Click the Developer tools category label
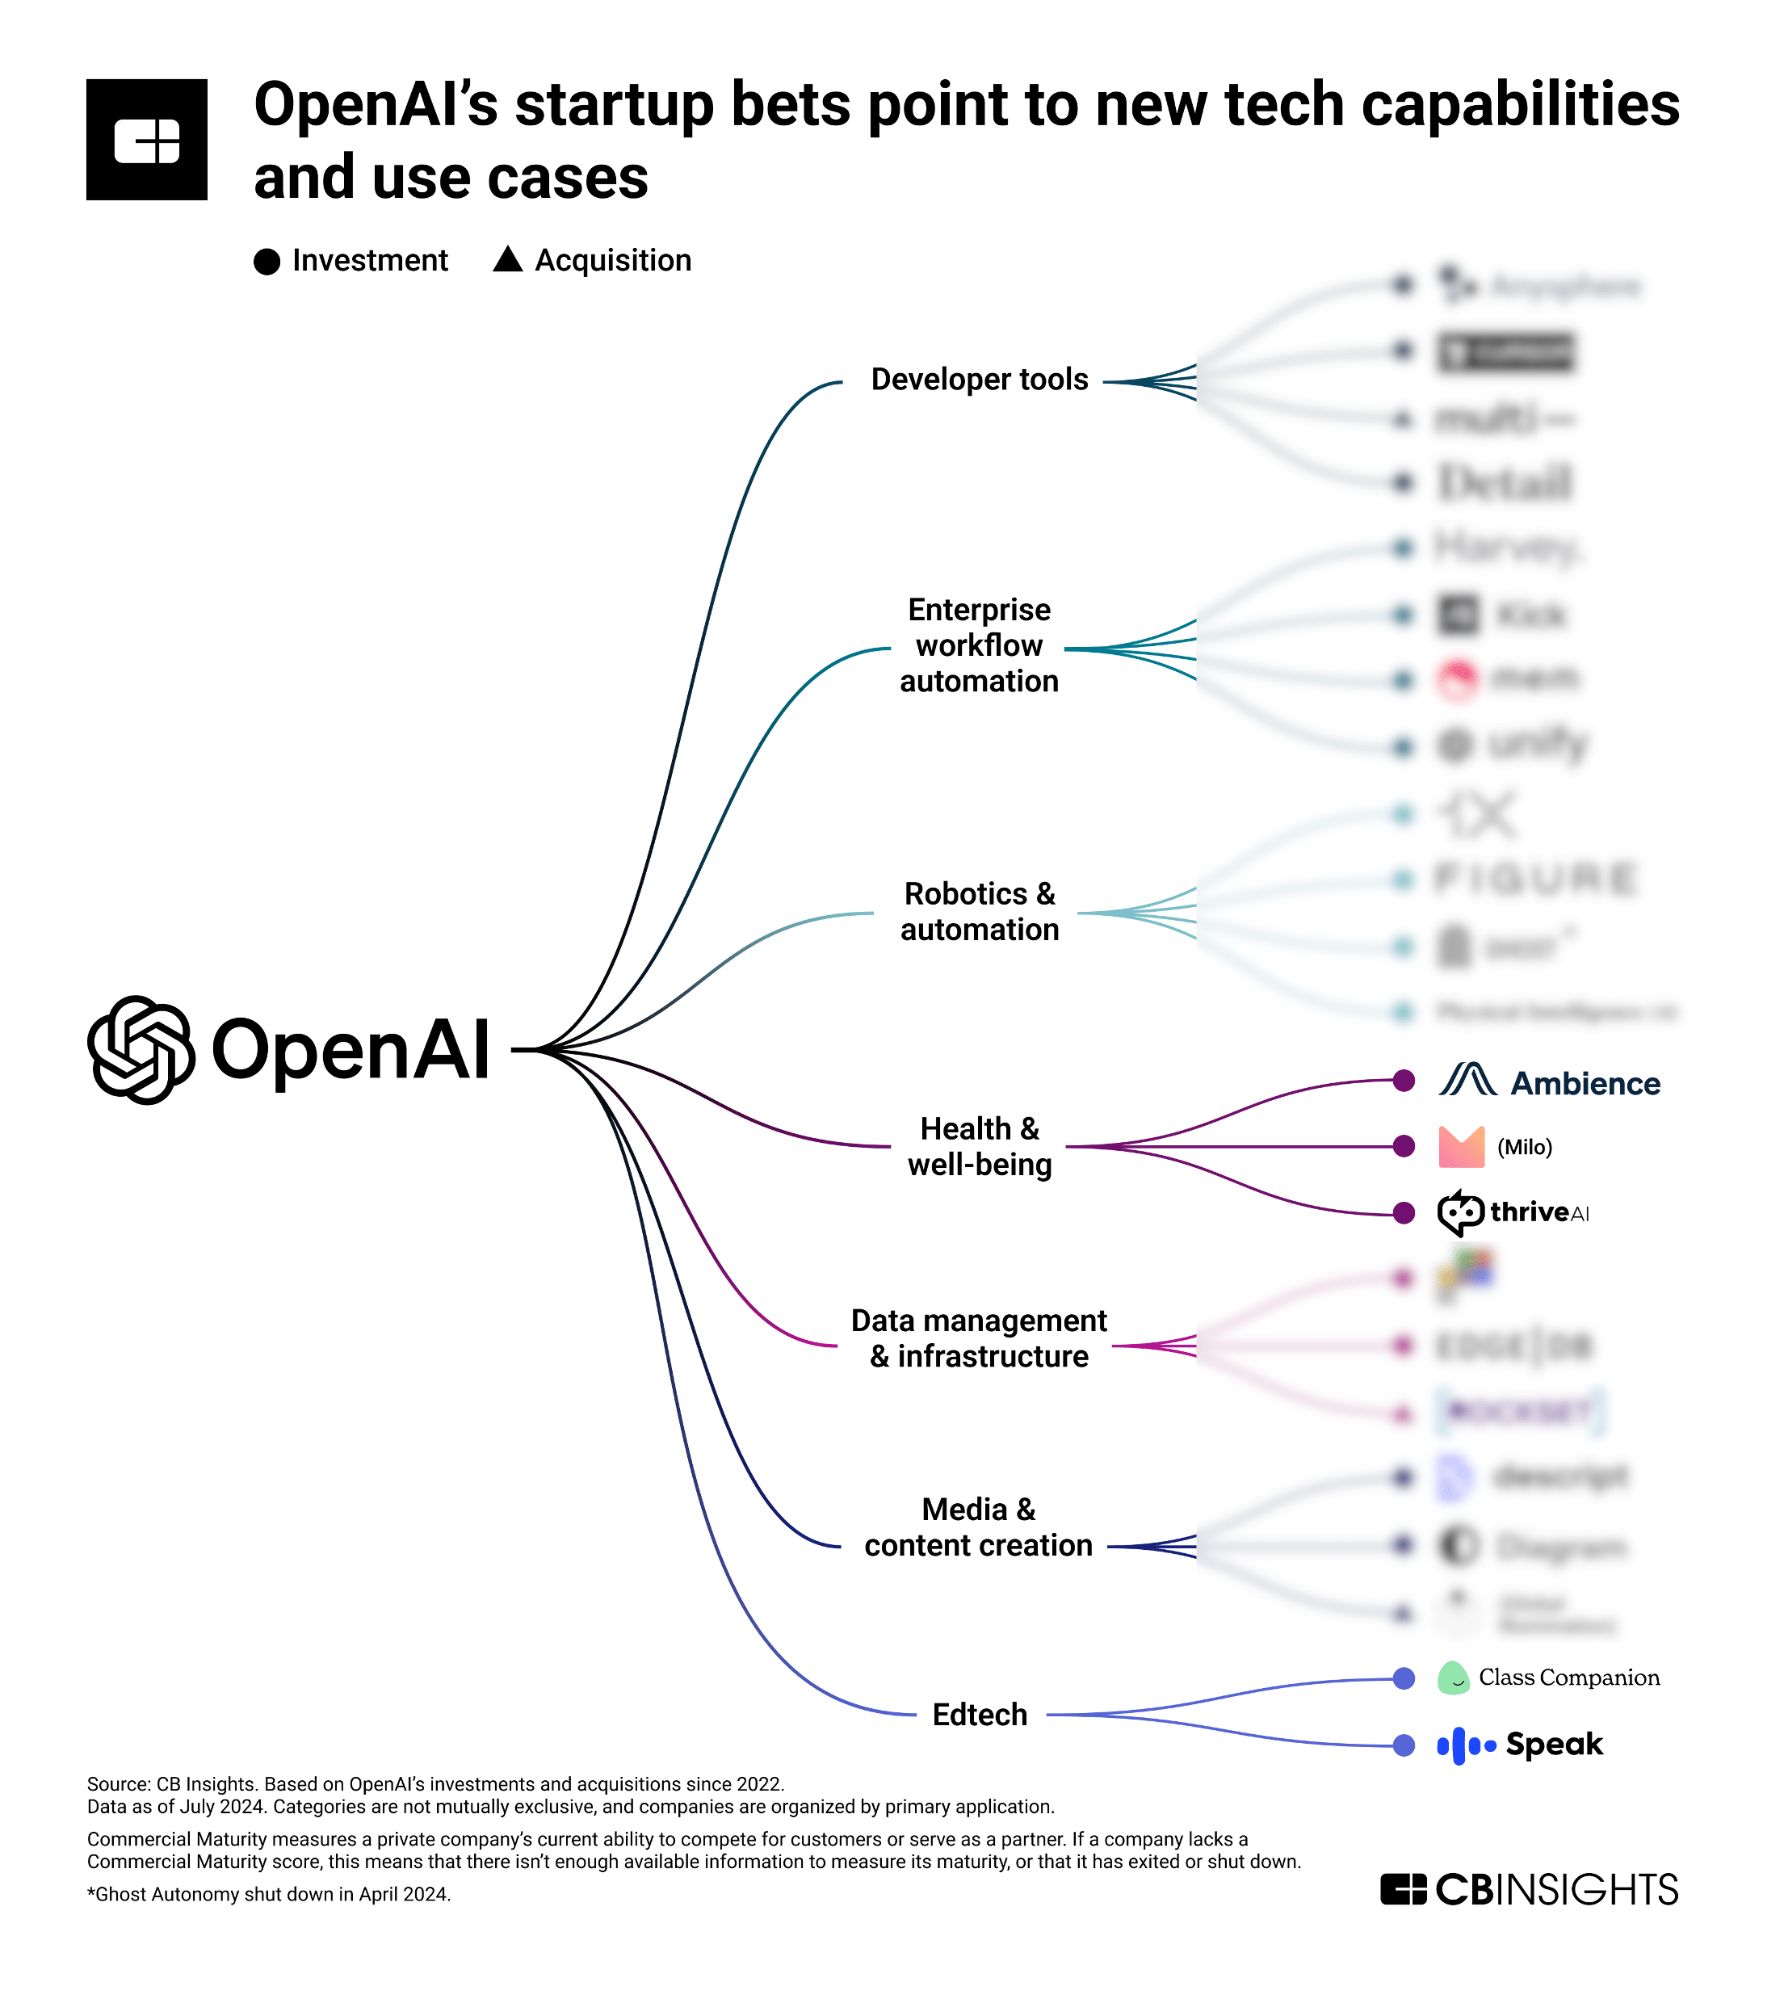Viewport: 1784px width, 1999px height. tap(980, 380)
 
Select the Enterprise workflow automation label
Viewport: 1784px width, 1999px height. tap(980, 645)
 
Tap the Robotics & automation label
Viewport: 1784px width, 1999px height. tap(980, 912)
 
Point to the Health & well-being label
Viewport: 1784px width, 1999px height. tap(980, 1146)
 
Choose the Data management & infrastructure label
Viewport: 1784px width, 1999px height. tap(980, 1338)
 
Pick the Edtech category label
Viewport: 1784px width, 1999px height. tap(980, 1715)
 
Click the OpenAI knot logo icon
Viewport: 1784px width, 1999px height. tap(141, 1050)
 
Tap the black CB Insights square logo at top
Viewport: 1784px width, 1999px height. tap(147, 141)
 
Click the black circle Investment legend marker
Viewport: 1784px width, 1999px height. tap(267, 262)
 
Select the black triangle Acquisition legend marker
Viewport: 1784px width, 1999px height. tap(508, 260)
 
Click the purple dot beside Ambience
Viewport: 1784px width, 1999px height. tap(1404, 1081)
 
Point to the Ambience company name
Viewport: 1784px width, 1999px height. tap(1585, 1083)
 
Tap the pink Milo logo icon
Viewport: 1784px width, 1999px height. tap(1460, 1147)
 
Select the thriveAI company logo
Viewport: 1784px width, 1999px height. tap(1513, 1213)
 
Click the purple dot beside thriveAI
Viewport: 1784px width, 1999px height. tap(1404, 1213)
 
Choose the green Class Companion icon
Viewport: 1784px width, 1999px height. tap(1453, 1678)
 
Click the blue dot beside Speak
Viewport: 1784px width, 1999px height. tap(1404, 1745)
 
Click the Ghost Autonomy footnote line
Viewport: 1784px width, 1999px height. tap(269, 1895)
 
